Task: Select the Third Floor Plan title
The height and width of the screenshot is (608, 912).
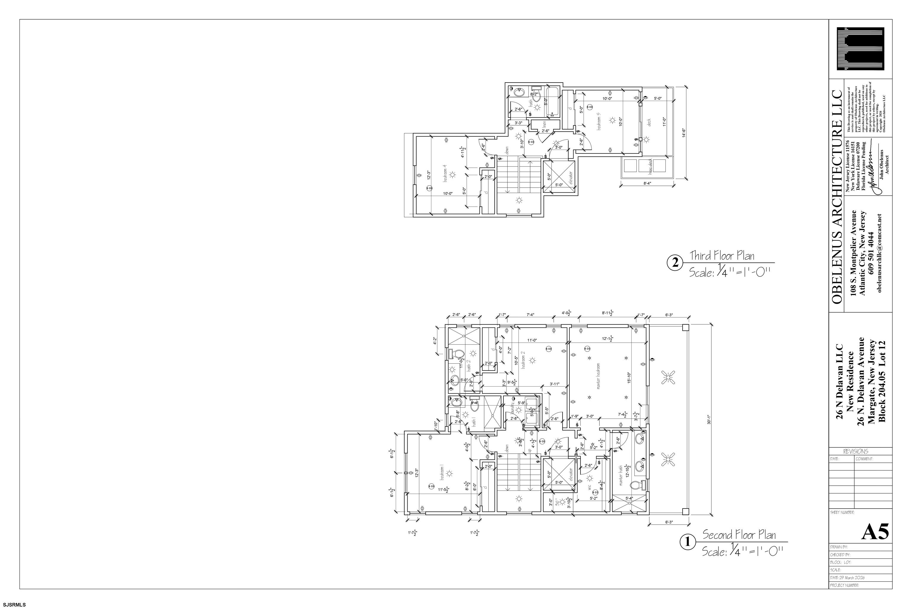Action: pos(722,256)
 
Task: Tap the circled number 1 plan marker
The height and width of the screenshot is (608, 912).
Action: pos(688,542)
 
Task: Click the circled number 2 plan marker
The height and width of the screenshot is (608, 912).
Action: pos(675,263)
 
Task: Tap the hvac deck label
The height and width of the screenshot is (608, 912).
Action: pos(651,166)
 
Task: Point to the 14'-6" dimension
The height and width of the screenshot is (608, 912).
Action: pos(684,133)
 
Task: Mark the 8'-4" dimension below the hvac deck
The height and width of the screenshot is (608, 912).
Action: pos(647,183)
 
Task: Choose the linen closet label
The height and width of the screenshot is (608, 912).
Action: pos(544,124)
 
